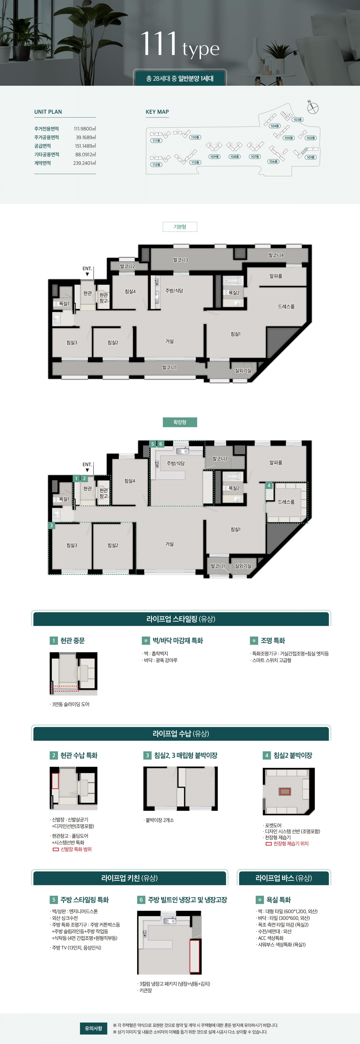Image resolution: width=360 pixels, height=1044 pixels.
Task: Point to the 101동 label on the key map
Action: pos(310,157)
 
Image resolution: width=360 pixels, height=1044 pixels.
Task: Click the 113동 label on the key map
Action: pos(195,163)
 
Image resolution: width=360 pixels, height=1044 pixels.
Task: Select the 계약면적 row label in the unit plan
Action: pos(43,163)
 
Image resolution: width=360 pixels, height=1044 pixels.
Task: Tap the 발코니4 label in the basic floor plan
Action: pos(276,255)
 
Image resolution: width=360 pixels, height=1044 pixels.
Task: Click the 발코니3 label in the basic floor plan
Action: pos(180,260)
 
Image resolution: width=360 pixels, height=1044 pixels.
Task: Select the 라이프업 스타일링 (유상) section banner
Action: pos(181,619)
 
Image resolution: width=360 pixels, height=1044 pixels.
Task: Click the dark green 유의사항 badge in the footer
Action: pos(93,1028)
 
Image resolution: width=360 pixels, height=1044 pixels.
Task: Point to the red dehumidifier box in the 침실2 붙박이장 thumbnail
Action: pos(285,791)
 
